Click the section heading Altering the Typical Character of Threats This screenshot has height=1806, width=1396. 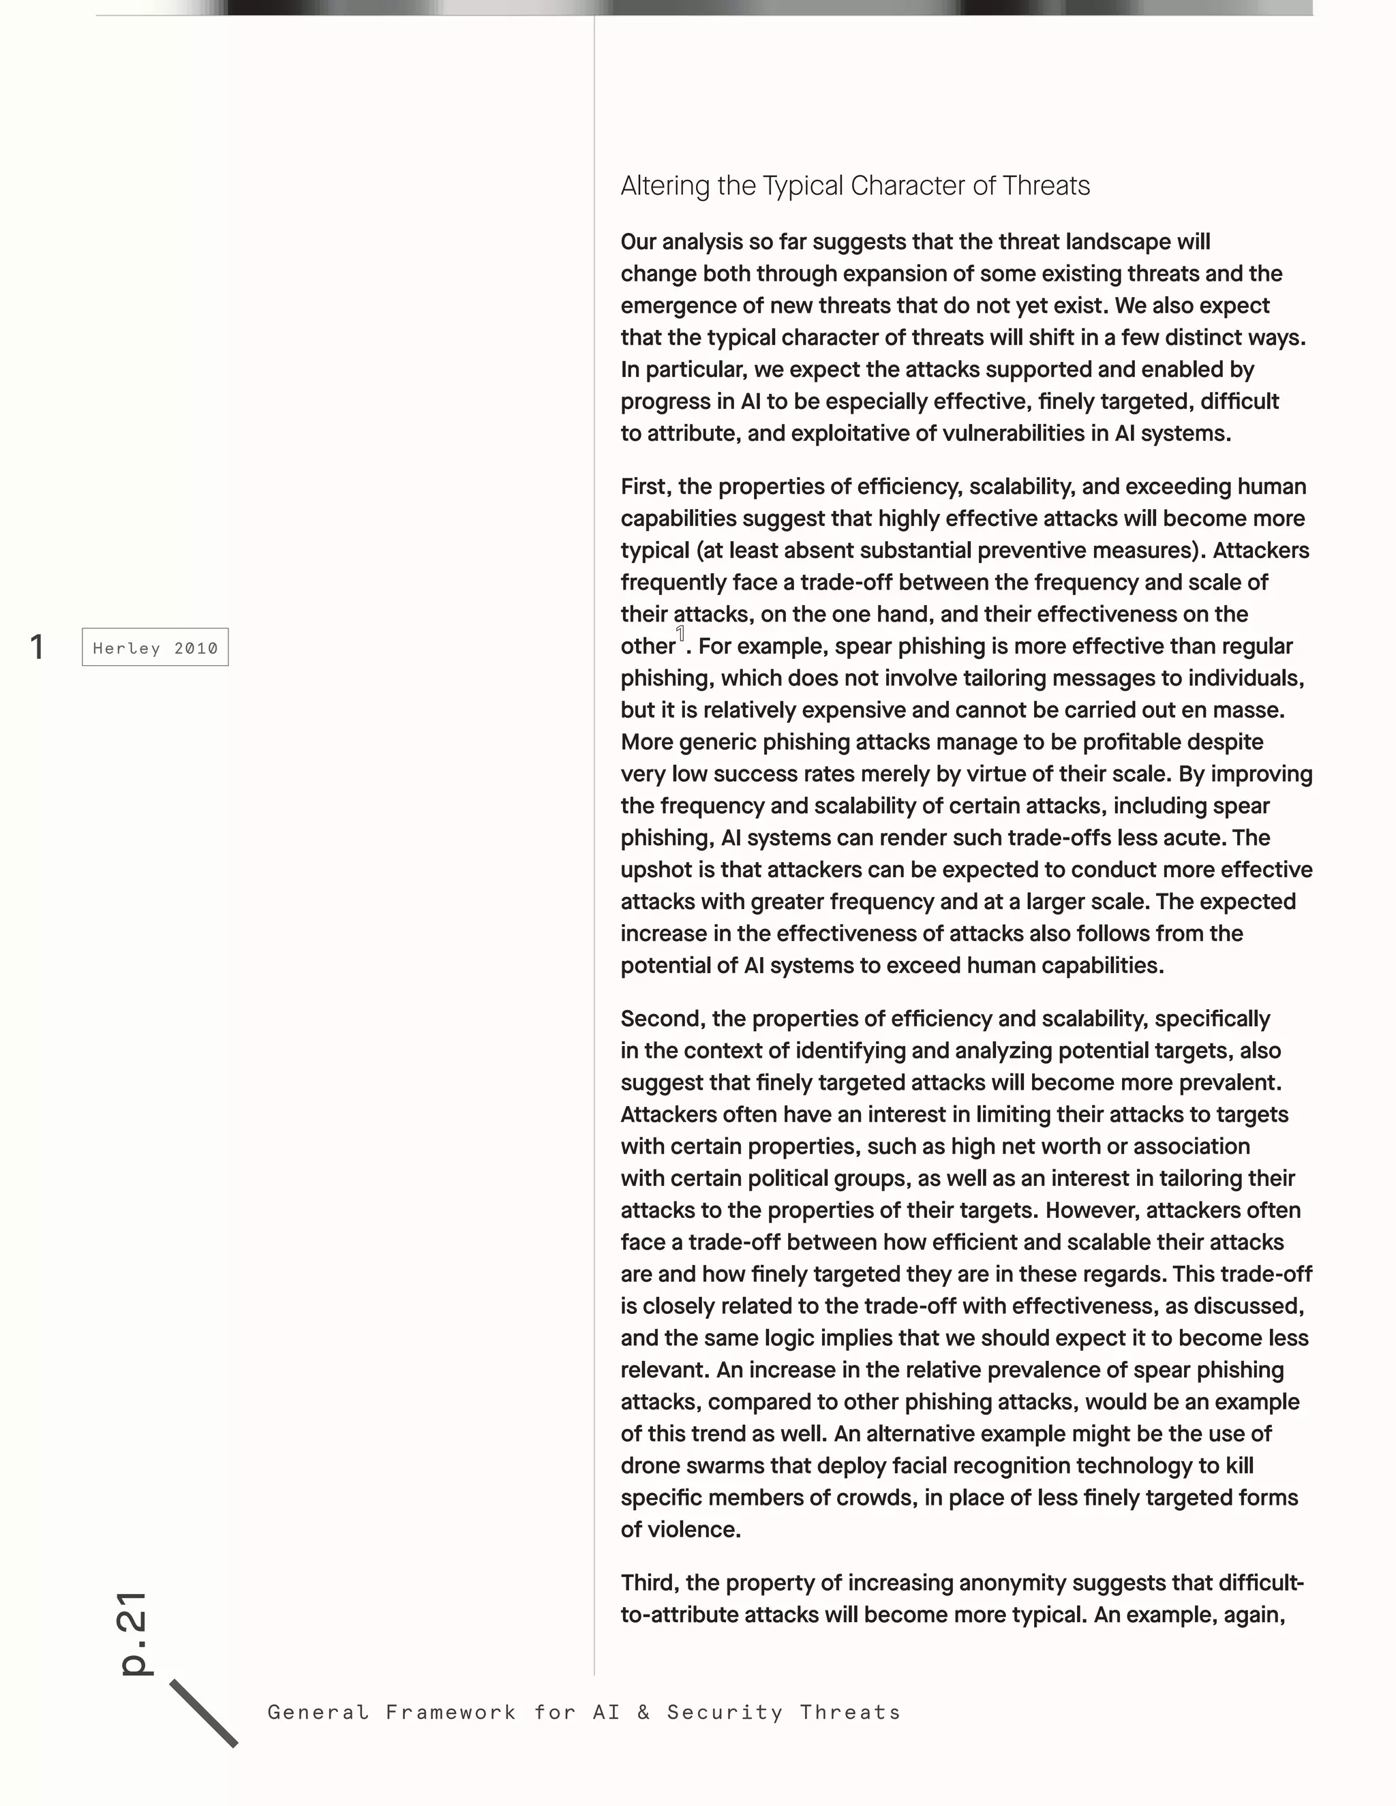click(855, 185)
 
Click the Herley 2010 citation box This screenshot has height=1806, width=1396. click(155, 647)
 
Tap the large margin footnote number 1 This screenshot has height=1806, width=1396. click(36, 647)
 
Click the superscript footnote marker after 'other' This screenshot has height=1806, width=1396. click(681, 633)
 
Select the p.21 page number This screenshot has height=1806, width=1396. click(133, 1633)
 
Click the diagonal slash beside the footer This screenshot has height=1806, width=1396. click(203, 1713)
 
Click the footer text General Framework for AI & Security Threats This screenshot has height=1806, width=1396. click(584, 1712)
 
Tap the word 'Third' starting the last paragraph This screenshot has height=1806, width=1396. click(649, 1582)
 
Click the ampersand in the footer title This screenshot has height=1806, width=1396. click(643, 1712)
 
